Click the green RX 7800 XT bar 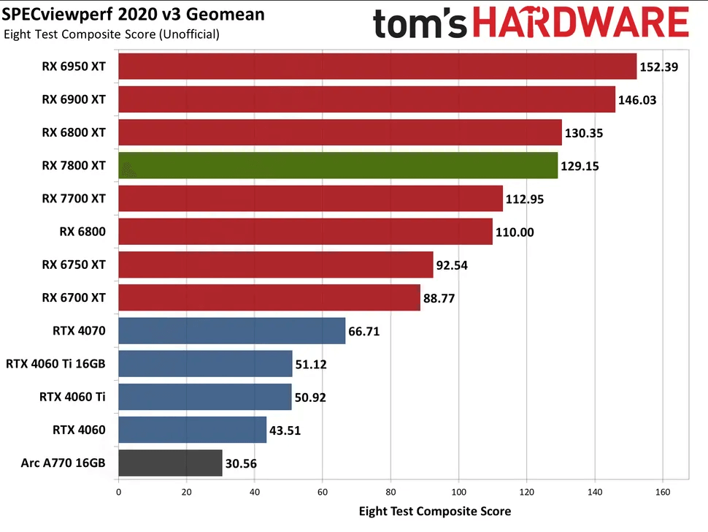pyautogui.click(x=337, y=166)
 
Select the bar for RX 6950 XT pyautogui.click(x=377, y=66)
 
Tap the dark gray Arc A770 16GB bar pyautogui.click(x=170, y=463)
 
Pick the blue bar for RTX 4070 pyautogui.click(x=231, y=331)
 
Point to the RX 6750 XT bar pyautogui.click(x=275, y=265)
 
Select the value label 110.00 pyautogui.click(x=515, y=232)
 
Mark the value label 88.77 pyautogui.click(x=444, y=298)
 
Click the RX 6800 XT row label pyautogui.click(x=74, y=132)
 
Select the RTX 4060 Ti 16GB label pyautogui.click(x=55, y=363)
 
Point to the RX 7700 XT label pyautogui.click(x=74, y=198)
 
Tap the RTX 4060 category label pyautogui.click(x=80, y=430)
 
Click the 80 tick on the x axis pyautogui.click(x=390, y=492)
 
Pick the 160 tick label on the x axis pyautogui.click(x=663, y=492)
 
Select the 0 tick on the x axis pyautogui.click(x=118, y=492)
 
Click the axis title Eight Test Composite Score pyautogui.click(x=435, y=511)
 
